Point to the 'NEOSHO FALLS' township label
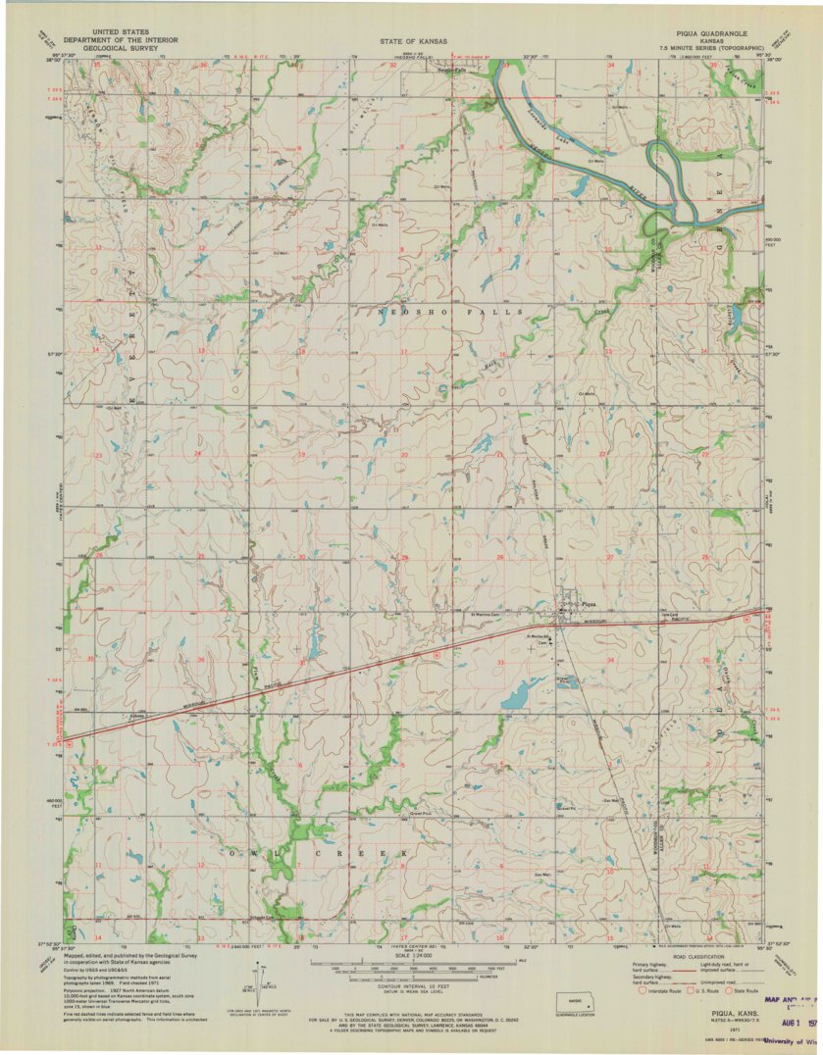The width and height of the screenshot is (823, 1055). click(x=450, y=311)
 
